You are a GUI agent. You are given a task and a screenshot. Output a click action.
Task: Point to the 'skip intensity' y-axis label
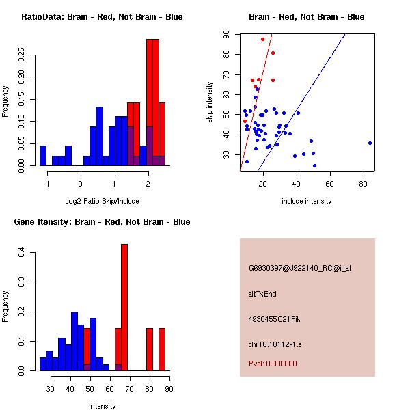point(210,102)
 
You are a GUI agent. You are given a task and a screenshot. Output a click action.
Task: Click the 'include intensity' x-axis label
point(306,201)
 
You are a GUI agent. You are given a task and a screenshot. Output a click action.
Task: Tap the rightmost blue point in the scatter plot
point(370,143)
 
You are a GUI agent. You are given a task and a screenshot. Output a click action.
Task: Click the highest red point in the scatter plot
point(262,39)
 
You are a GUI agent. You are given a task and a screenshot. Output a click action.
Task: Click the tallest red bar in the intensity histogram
point(124,307)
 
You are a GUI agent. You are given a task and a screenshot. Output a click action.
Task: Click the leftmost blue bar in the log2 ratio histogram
point(43,156)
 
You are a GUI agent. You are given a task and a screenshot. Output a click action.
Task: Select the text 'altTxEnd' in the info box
point(262,294)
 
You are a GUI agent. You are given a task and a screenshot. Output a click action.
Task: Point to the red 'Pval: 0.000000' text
point(273,364)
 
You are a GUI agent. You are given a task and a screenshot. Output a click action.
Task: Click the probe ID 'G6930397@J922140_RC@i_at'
point(300,269)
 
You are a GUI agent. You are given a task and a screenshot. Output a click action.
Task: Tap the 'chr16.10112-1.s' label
point(275,344)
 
